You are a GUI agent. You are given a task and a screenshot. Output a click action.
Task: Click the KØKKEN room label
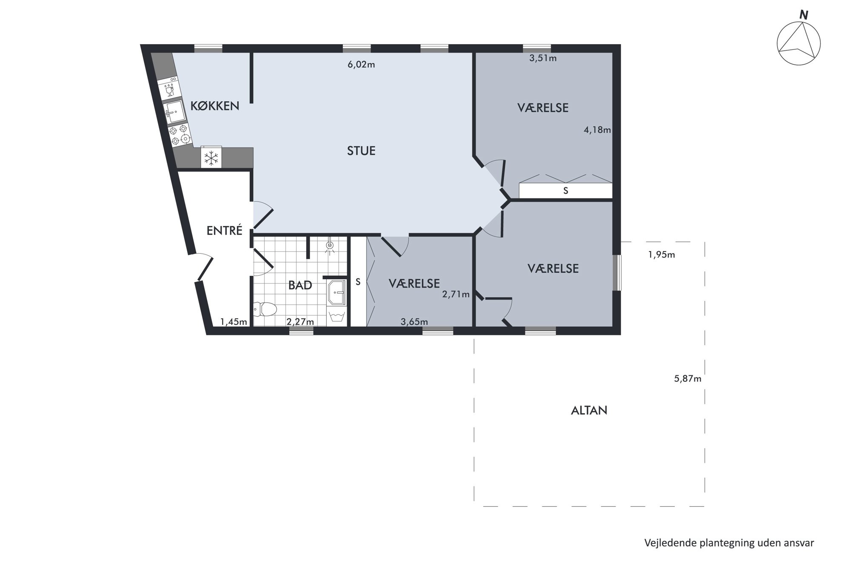[215, 106]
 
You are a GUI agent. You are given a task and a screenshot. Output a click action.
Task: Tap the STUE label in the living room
[361, 151]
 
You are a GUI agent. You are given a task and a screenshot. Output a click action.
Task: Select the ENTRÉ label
[224, 230]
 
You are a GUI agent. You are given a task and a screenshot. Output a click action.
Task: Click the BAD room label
[300, 285]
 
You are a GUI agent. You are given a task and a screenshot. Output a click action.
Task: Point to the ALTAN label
[589, 410]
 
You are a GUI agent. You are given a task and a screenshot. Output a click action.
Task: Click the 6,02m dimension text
[362, 65]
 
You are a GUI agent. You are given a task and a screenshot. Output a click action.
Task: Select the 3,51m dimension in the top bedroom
[543, 58]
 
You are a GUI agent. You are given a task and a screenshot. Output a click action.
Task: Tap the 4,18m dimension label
[597, 130]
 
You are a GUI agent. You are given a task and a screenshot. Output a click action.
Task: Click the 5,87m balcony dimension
[687, 378]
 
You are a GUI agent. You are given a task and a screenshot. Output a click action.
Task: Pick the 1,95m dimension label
[662, 255]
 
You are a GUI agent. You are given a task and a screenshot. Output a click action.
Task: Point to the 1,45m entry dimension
[234, 322]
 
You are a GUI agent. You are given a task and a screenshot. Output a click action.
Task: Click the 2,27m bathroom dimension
[300, 322]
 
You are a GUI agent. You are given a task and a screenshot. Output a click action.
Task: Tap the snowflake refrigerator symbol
[211, 158]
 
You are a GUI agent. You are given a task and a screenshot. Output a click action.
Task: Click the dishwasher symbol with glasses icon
[169, 89]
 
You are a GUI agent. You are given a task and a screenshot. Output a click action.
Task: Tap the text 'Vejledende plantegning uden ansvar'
[729, 543]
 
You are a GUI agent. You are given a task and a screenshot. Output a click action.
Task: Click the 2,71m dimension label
[456, 294]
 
